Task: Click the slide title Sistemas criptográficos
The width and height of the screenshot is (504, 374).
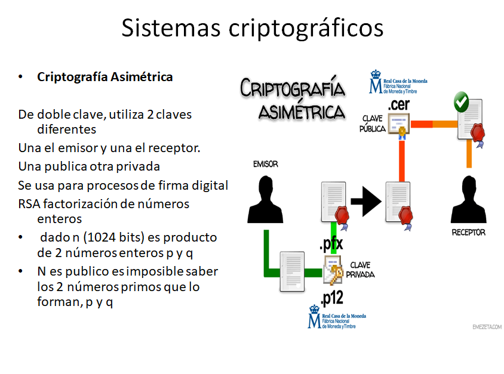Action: (252, 28)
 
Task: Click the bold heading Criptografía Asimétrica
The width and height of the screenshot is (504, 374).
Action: (105, 77)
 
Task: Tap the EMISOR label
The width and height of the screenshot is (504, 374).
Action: (265, 163)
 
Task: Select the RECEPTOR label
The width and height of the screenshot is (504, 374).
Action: (468, 232)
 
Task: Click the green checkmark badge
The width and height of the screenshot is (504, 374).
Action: (461, 102)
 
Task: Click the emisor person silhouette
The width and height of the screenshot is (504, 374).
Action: (265, 199)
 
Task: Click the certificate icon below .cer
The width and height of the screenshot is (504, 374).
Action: (398, 125)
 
